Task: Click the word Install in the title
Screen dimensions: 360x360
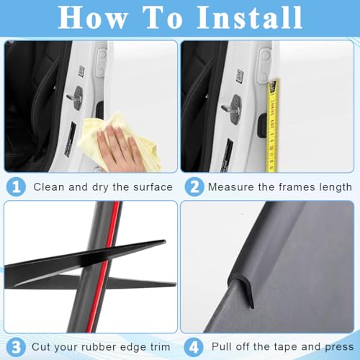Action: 249,17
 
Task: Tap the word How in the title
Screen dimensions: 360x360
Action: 92,17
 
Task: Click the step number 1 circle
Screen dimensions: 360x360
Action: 16,186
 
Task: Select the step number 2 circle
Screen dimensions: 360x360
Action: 194,186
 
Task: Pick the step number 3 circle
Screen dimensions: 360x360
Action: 16,347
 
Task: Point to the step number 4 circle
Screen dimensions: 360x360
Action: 194,347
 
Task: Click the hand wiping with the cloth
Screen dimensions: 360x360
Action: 117,146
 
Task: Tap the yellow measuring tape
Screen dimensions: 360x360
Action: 272,126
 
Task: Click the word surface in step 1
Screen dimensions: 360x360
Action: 153,187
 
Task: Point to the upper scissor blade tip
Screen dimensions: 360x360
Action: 165,241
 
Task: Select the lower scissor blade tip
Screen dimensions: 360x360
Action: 175,284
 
